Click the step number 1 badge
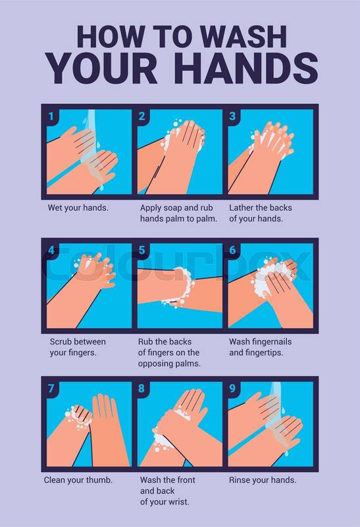click(x=51, y=117)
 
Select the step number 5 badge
click(x=142, y=250)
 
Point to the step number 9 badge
click(x=232, y=389)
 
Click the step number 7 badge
click(x=51, y=389)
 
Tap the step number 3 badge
click(x=232, y=117)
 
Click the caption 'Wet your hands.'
click(x=78, y=208)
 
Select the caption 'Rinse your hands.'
click(x=263, y=480)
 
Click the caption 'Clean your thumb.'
click(x=78, y=480)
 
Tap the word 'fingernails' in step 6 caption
click(x=271, y=342)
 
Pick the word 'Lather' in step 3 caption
click(x=241, y=208)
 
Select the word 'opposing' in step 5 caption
click(x=153, y=364)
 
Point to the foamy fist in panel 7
click(x=79, y=417)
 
